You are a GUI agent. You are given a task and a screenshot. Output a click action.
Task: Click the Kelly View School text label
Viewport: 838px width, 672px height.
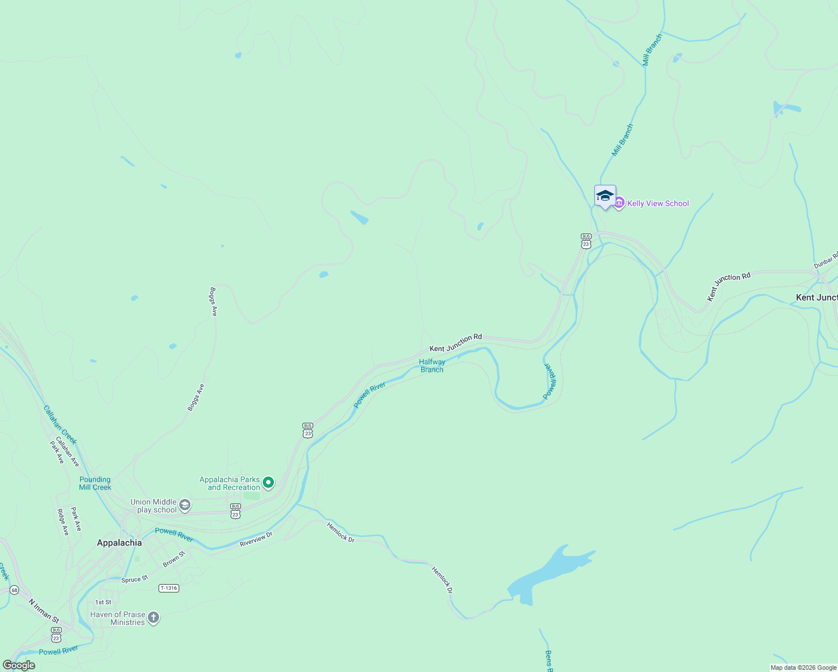(x=658, y=203)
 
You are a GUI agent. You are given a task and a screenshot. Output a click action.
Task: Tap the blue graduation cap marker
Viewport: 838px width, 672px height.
(x=605, y=196)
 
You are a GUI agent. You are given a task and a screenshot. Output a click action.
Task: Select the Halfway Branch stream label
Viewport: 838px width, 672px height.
(x=432, y=366)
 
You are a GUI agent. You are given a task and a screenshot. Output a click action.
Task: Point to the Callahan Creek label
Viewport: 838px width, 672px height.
(x=60, y=424)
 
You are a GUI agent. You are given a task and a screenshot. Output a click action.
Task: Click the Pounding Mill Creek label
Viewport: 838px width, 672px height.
(x=95, y=483)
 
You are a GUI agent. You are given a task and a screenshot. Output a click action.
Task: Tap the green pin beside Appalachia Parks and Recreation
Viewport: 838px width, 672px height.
(x=268, y=482)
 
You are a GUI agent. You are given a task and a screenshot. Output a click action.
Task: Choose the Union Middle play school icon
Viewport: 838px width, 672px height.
(x=185, y=505)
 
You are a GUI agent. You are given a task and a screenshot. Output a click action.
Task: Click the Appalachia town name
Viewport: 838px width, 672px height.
(x=119, y=543)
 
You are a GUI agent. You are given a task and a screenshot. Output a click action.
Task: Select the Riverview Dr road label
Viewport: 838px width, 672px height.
(x=256, y=539)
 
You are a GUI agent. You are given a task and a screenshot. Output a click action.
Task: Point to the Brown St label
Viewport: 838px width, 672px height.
(x=174, y=559)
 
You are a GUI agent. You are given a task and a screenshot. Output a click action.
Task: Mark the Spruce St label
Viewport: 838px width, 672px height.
(x=134, y=579)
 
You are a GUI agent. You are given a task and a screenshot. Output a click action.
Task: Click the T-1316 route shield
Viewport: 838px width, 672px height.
(x=169, y=588)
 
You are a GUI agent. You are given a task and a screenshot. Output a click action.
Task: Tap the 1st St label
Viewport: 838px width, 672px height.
(x=103, y=602)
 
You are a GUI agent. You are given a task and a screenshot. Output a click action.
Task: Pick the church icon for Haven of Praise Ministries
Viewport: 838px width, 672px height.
(x=153, y=618)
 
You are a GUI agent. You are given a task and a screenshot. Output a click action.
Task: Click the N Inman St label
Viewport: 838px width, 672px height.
(x=44, y=611)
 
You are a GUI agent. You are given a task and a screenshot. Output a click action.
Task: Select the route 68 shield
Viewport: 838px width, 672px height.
(x=14, y=590)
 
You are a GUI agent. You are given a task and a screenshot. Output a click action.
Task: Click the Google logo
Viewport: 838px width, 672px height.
(x=18, y=665)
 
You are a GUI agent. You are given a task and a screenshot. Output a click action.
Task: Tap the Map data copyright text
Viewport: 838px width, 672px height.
(x=803, y=668)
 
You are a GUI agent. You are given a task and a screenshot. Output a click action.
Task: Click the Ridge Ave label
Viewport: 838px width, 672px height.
(x=63, y=522)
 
